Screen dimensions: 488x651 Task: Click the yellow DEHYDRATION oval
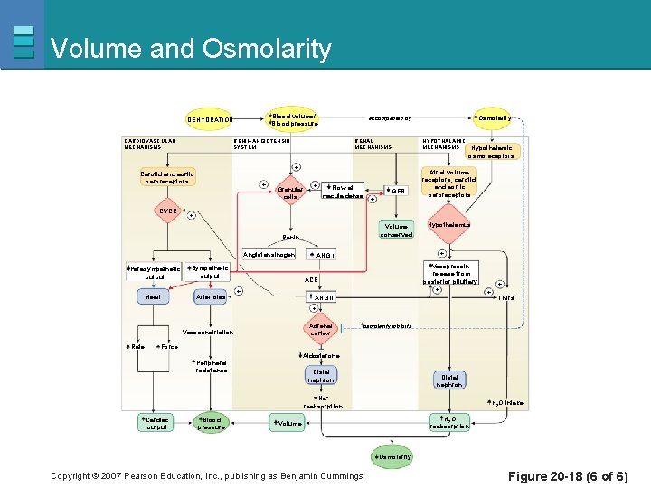pyautogui.click(x=210, y=119)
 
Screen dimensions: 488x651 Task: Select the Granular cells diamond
pyautogui.click(x=290, y=192)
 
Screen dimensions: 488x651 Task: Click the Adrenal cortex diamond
pyautogui.click(x=321, y=330)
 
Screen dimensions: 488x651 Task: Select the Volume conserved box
pyautogui.click(x=396, y=230)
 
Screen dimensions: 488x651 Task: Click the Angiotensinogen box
pyautogui.click(x=269, y=254)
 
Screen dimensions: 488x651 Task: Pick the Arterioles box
pyautogui.click(x=211, y=297)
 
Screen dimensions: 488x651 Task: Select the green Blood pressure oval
pyautogui.click(x=212, y=423)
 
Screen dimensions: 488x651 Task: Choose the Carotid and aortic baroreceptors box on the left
pyautogui.click(x=167, y=177)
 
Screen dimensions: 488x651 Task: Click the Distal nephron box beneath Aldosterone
pyautogui.click(x=321, y=375)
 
